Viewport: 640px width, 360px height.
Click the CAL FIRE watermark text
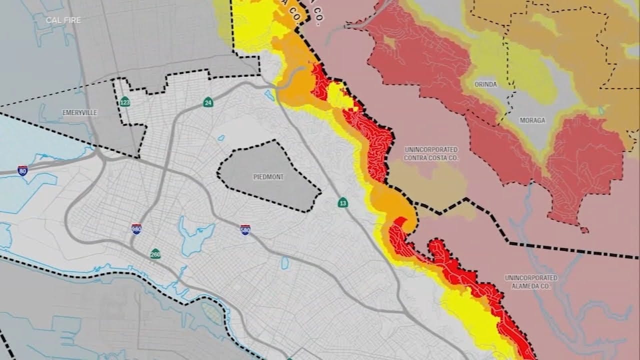pos(63,20)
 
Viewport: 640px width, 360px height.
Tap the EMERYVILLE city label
pos(80,113)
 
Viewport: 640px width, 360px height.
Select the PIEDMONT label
pos(268,177)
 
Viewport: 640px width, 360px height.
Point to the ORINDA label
pos(485,84)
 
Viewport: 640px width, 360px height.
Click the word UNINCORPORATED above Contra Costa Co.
pos(431,149)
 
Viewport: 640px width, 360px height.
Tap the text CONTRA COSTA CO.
pos(431,158)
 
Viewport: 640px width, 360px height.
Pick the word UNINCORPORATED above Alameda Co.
pos(531,278)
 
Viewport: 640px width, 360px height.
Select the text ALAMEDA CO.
pos(531,286)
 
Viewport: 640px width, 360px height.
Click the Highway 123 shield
pos(125,102)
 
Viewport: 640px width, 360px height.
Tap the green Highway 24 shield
pos(208,102)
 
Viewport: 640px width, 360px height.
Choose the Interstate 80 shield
pos(22,170)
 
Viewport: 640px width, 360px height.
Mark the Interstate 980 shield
pos(136,229)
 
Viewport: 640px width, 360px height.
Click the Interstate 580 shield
pos(245,229)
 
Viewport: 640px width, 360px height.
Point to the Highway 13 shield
pos(342,202)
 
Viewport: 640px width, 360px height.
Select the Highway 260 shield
pos(155,253)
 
